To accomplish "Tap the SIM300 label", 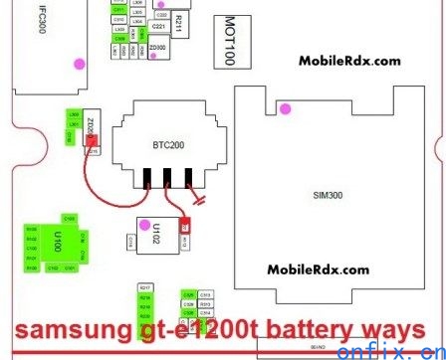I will (334, 196).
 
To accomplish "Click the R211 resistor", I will (178, 21).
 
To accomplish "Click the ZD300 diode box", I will (158, 47).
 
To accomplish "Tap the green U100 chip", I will (59, 241).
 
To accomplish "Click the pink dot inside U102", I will (145, 222).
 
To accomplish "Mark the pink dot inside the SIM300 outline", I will (285, 107).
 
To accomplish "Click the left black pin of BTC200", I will (148, 180).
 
